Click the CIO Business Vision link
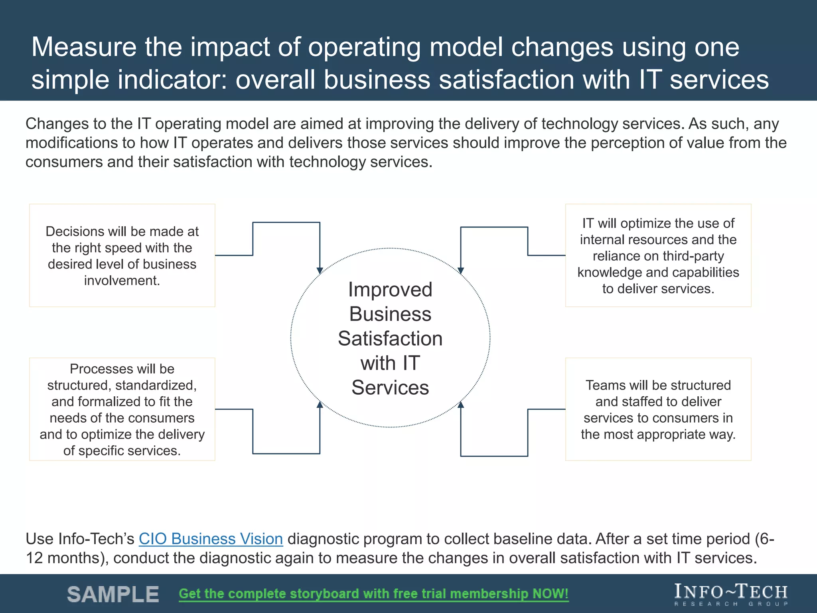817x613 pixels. tap(211, 539)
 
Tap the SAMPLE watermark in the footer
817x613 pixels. tap(113, 594)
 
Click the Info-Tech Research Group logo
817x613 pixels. tap(731, 594)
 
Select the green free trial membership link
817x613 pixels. tap(374, 594)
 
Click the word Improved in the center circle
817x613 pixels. tap(390, 289)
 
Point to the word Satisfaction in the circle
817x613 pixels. tap(390, 338)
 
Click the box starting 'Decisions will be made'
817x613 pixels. tap(122, 255)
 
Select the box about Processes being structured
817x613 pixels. tap(122, 409)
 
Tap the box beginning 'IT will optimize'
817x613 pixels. tap(658, 255)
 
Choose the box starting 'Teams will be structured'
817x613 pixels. tap(658, 409)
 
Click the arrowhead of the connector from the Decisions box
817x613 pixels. tap(320, 271)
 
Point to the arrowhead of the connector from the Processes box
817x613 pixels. tap(320, 404)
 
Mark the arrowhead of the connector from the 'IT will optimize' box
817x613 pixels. tap(461, 271)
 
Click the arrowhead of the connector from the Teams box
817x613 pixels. tap(461, 404)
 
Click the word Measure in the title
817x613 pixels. tap(84, 47)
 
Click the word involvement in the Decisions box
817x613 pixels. tap(122, 281)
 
